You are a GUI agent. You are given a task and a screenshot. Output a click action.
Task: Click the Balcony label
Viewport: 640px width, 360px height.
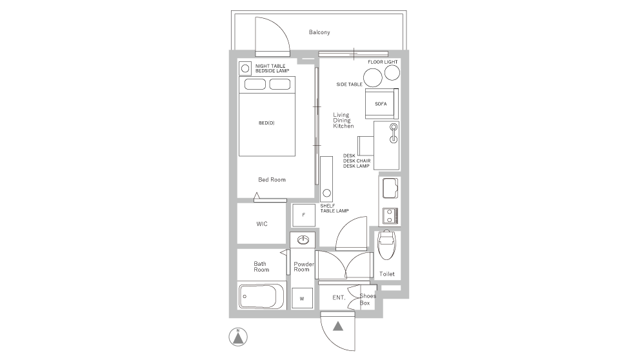(319, 32)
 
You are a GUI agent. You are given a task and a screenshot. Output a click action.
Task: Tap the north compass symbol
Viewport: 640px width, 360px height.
(238, 336)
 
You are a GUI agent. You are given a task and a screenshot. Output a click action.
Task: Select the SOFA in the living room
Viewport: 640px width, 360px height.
(381, 103)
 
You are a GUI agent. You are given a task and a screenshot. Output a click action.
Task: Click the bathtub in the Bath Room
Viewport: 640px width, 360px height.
(261, 297)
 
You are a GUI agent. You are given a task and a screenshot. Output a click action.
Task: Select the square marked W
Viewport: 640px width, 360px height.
(302, 298)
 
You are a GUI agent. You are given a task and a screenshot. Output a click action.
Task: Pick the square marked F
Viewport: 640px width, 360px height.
(303, 214)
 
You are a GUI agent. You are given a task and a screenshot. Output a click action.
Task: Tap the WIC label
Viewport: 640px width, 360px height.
(261, 224)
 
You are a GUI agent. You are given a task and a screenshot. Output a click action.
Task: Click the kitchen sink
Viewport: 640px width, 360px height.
(390, 189)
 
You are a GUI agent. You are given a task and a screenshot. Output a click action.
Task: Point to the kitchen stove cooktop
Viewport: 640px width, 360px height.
(390, 215)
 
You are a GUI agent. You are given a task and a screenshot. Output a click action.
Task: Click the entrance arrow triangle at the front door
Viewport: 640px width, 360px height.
(337, 326)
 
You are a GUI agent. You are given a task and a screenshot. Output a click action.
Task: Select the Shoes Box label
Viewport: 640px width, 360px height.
(367, 299)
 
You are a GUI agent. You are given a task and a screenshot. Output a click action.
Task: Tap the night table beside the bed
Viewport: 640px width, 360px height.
(245, 68)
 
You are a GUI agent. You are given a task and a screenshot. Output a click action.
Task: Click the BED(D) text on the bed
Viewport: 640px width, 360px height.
(266, 122)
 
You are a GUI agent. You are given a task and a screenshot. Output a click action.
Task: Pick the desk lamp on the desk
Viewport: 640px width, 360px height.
(392, 132)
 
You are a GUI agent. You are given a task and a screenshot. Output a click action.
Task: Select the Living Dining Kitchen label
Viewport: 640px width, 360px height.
(343, 121)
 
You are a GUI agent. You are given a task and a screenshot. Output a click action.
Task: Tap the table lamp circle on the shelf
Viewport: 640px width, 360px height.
(326, 193)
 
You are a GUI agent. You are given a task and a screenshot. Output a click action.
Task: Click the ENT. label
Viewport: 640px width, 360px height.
(339, 298)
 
